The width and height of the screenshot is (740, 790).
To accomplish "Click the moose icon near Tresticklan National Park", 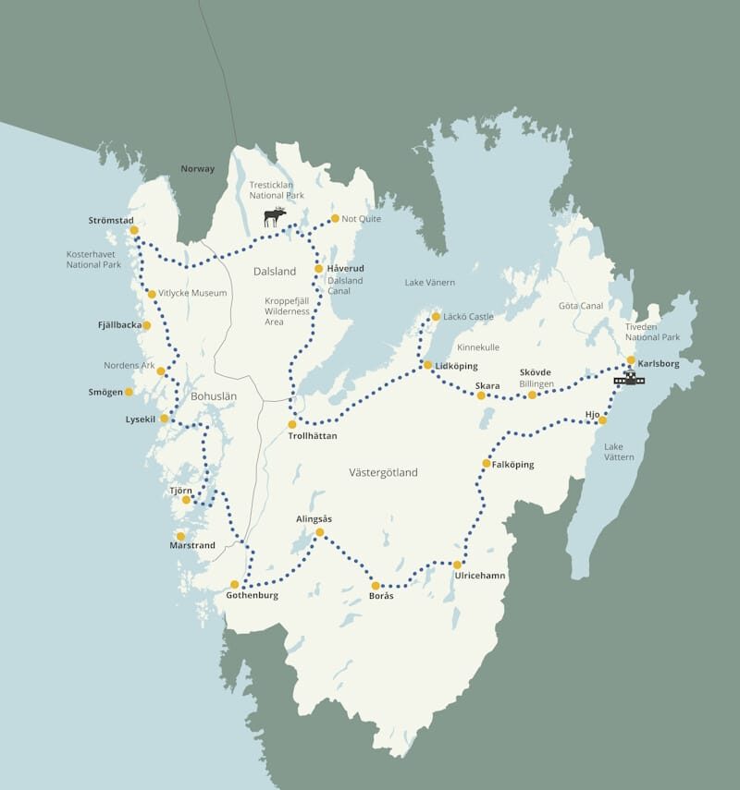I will (275, 217).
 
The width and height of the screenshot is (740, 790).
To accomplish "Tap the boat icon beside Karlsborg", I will (629, 378).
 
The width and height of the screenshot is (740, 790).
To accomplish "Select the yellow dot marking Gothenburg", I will (235, 584).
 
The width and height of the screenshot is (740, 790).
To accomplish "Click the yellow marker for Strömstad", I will (134, 230).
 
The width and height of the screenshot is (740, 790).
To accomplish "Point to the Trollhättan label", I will (312, 435).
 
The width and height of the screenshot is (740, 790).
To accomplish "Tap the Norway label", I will (197, 169).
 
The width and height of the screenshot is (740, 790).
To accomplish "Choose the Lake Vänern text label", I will (430, 282).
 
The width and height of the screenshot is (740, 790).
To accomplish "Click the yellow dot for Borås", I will (376, 585).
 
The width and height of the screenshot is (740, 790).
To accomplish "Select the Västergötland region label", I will (383, 472).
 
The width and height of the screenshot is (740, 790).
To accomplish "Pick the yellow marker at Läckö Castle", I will (436, 317).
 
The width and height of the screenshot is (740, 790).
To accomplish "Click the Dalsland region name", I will (275, 272).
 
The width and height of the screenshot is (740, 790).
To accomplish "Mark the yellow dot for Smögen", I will (129, 392).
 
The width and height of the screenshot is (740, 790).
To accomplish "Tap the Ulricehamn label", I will (480, 577).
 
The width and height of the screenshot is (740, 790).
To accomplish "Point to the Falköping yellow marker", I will (487, 463).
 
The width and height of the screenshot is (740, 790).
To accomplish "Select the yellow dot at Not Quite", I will (335, 219).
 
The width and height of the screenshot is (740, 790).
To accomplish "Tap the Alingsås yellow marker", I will (320, 532).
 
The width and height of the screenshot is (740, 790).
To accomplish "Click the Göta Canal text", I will (580, 305).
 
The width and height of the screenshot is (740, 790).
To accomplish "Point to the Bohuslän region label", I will (214, 396).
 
